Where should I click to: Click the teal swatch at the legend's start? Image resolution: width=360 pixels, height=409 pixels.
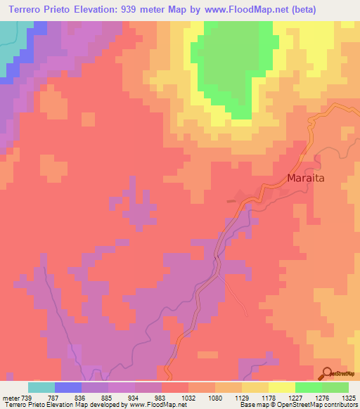41,387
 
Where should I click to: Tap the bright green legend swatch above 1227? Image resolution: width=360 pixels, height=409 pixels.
308,387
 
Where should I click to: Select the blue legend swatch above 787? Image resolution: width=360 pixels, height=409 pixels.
68,387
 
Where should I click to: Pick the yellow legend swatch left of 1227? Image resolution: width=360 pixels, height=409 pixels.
281,387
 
